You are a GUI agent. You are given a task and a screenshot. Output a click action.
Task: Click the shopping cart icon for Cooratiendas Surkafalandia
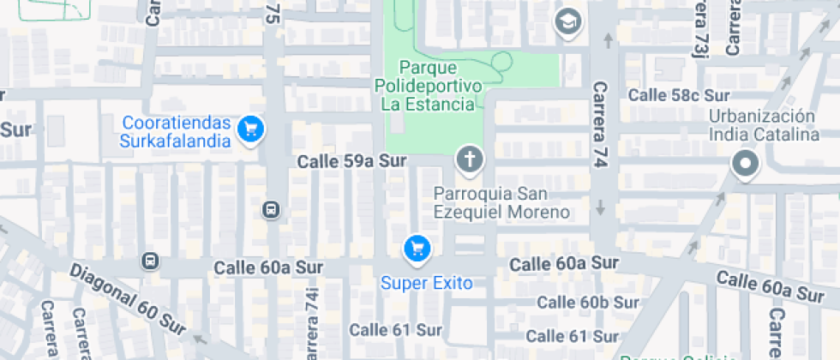(250, 129)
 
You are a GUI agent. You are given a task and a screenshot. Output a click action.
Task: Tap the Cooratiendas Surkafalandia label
(177, 131)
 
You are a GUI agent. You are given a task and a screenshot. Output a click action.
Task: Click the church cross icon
(469, 159)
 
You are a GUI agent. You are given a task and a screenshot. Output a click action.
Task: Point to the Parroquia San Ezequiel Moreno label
(501, 203)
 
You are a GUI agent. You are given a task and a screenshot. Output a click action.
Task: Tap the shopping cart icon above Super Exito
(417, 249)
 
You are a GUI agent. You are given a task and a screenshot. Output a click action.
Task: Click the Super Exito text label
(427, 283)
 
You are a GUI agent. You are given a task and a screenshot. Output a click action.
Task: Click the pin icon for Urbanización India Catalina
(745, 164)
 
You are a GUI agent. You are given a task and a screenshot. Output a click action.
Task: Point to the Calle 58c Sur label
(679, 95)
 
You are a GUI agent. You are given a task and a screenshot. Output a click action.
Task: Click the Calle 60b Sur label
(587, 303)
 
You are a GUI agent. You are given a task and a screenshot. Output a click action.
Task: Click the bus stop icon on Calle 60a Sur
(151, 260)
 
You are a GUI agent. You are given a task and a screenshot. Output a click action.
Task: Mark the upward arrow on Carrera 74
(608, 39)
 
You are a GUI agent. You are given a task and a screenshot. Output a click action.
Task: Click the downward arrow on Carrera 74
(601, 207)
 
